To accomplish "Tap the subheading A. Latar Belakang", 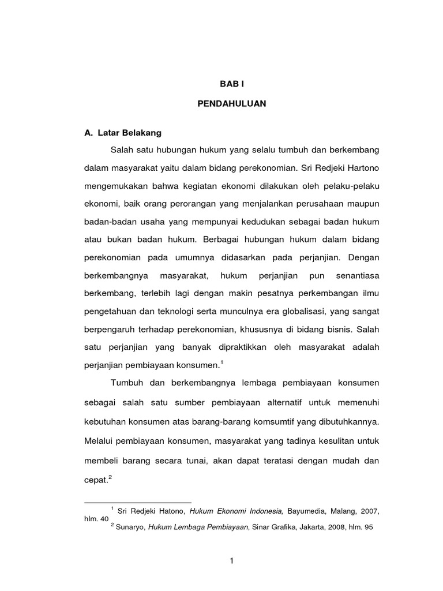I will point(123,133).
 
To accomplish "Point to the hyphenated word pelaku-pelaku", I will point(352,187).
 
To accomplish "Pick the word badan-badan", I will point(107,223).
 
